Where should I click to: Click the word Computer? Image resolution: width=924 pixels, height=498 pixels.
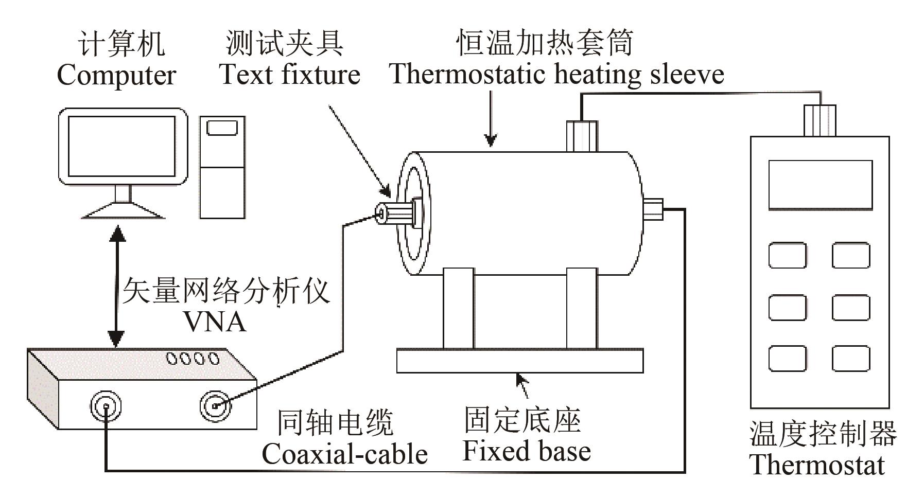click(x=116, y=76)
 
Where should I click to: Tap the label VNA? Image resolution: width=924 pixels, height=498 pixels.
click(x=215, y=323)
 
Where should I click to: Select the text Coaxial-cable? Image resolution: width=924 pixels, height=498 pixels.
click(x=344, y=454)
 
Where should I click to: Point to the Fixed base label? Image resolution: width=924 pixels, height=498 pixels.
click(x=526, y=451)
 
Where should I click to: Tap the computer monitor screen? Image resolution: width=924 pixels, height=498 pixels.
click(x=122, y=146)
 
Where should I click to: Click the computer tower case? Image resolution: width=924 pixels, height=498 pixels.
click(x=222, y=167)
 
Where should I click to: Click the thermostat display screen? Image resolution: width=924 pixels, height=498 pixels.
click(x=820, y=184)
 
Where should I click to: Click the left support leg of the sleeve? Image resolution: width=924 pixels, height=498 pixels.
click(x=458, y=309)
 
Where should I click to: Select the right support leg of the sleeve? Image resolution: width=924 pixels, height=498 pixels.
click(x=581, y=309)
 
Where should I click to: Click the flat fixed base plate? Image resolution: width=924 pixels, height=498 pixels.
click(x=519, y=361)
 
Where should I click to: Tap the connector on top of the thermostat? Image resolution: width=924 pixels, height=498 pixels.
click(x=820, y=120)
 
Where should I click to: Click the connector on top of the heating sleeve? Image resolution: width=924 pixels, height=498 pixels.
click(x=581, y=136)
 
